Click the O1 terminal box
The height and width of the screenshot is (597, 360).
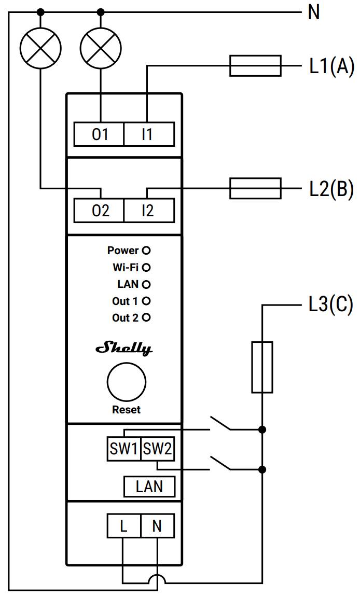[100, 135]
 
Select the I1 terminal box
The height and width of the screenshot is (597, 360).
[148, 135]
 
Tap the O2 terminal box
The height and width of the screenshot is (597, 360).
[100, 211]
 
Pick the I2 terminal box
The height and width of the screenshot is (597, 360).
[148, 211]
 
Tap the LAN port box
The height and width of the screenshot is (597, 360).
[149, 487]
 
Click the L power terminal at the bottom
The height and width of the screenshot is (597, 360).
[123, 526]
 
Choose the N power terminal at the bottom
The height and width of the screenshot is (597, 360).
[157, 526]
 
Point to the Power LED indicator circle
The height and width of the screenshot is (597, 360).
[146, 251]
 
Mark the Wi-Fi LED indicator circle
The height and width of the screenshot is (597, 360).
[146, 268]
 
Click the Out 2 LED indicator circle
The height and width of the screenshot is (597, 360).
[146, 317]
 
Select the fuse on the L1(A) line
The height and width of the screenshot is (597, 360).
[255, 66]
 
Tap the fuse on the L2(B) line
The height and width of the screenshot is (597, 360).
[255, 188]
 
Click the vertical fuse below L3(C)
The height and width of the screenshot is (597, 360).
[262, 367]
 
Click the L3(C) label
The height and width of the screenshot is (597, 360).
[330, 305]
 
